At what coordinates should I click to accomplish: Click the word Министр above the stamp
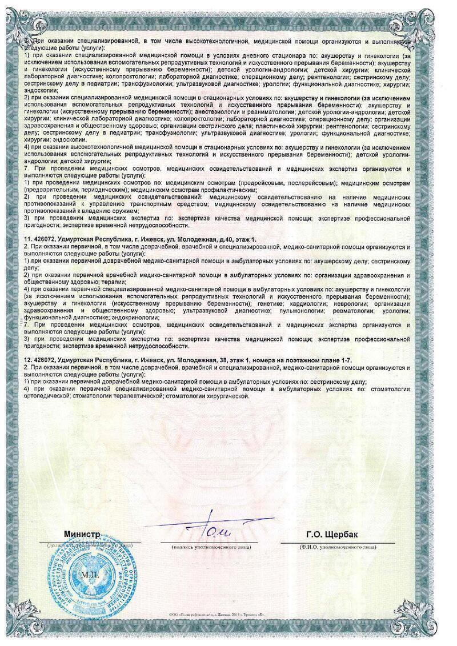pyautogui.click(x=82, y=533)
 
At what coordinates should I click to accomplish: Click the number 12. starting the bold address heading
pyautogui.click(x=27, y=359)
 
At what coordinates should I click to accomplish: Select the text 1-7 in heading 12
pyautogui.click(x=346, y=359)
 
